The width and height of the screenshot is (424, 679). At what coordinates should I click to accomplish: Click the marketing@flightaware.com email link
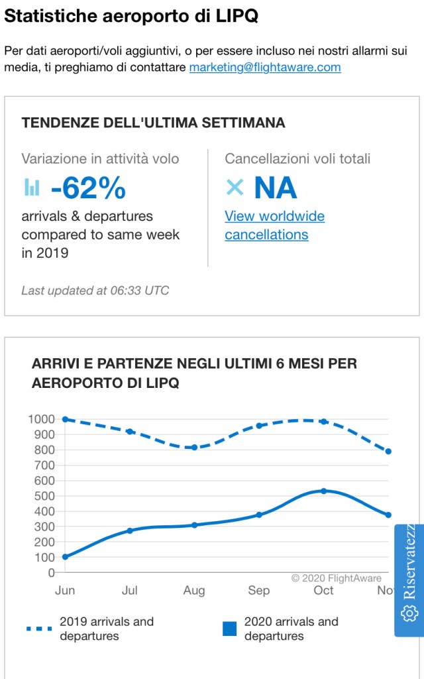click(265, 67)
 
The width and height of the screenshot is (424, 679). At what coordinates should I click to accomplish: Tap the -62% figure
click(88, 188)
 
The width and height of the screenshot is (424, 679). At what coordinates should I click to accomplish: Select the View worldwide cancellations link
click(274, 225)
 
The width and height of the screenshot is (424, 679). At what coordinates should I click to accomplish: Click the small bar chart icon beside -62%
click(32, 188)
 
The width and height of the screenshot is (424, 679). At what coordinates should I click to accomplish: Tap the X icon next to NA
click(235, 188)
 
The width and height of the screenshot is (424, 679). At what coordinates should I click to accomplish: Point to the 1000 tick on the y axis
click(42, 419)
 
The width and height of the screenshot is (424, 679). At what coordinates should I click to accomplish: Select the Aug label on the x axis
click(194, 590)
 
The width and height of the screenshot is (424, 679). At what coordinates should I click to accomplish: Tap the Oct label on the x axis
click(323, 590)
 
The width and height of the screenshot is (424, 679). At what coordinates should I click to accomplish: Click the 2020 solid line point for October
click(323, 491)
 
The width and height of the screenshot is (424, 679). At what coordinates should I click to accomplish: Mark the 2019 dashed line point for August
click(194, 448)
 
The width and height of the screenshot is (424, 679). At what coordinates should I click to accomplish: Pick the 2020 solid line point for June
click(65, 557)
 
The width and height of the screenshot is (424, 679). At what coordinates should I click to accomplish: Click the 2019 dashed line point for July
click(130, 432)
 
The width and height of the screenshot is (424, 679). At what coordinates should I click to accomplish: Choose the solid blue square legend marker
click(229, 629)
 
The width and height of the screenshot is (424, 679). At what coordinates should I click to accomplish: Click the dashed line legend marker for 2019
click(40, 628)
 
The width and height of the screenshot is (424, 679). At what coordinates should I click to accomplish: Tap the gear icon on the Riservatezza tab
click(409, 614)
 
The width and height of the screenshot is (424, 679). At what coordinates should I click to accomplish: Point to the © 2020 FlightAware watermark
click(337, 578)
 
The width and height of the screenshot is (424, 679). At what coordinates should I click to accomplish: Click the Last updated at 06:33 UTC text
click(95, 290)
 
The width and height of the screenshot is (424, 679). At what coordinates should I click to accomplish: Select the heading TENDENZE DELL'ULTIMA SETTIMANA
click(154, 123)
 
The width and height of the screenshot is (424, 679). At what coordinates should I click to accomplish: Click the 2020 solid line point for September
click(259, 515)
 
